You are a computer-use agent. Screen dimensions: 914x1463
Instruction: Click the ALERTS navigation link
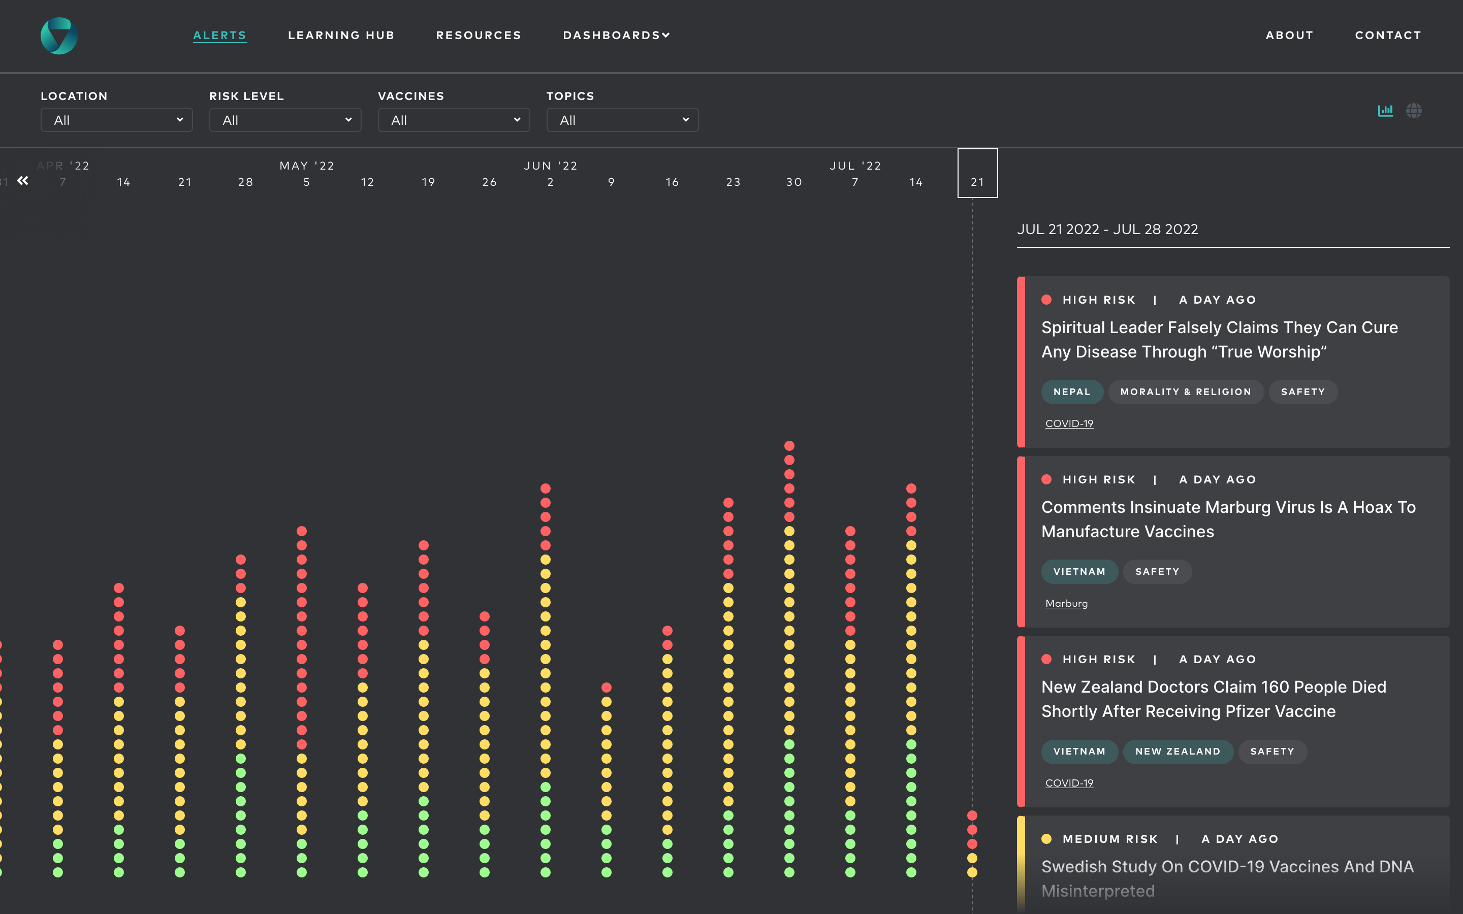[x=219, y=35]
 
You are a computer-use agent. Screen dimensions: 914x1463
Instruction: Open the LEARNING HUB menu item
[x=341, y=35]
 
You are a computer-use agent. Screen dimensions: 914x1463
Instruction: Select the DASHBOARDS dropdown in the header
[x=616, y=35]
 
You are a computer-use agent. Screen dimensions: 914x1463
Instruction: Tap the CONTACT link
[x=1388, y=35]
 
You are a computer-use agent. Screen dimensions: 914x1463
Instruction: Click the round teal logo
[x=58, y=36]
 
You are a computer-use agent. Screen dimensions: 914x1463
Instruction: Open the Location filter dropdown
[x=116, y=120]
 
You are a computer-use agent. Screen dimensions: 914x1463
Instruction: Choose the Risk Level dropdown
[x=285, y=120]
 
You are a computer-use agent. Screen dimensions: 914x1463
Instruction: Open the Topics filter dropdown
[x=622, y=120]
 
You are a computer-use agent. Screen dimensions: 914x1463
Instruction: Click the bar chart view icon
[x=1385, y=111]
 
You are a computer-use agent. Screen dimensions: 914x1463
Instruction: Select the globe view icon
[x=1413, y=111]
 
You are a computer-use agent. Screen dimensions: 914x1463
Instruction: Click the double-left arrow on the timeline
[x=23, y=181]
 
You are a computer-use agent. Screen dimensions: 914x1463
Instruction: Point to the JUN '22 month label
[x=550, y=166]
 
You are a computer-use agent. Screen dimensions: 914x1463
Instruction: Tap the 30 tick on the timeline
[x=794, y=182]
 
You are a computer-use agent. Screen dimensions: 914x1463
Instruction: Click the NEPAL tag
[x=1071, y=391]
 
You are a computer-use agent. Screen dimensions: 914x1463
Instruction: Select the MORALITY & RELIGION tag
[x=1185, y=391]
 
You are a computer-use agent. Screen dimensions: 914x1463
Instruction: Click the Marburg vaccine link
[x=1066, y=603]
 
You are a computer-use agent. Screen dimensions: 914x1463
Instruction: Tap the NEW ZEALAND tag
[x=1177, y=752]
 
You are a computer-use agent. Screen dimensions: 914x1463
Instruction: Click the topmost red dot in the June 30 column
[x=789, y=445]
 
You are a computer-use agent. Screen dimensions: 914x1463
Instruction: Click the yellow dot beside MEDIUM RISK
[x=1046, y=839]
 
